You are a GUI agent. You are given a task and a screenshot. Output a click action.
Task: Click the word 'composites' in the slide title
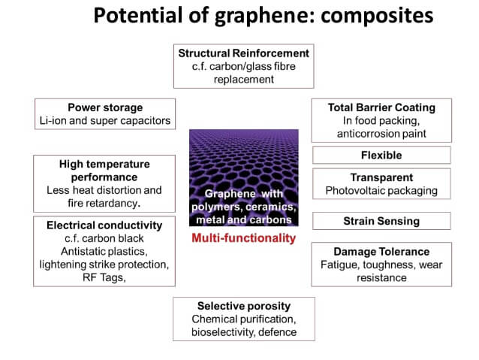(377, 15)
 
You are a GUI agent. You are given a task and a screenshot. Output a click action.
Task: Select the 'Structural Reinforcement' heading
(244, 53)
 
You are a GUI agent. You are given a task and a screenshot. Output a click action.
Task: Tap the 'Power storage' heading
(105, 107)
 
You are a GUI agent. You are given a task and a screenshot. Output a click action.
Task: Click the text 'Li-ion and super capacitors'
(105, 121)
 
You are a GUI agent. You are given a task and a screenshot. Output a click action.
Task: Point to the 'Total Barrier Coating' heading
(381, 107)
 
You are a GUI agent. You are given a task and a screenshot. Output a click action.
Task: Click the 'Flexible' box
(381, 155)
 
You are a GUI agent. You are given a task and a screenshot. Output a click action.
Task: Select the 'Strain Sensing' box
(381, 221)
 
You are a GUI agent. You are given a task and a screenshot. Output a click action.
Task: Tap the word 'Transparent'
(381, 177)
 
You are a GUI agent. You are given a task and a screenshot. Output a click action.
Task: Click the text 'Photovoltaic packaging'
(381, 191)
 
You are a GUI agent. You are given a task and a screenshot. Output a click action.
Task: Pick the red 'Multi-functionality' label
(244, 238)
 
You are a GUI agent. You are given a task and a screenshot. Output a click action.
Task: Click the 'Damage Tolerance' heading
(381, 252)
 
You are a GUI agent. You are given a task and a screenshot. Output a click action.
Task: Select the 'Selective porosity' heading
(244, 306)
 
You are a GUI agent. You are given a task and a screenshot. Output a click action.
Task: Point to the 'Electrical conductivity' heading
(104, 225)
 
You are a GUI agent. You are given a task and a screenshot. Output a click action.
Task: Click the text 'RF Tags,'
(104, 278)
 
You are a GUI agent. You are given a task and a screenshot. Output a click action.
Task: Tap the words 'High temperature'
(104, 165)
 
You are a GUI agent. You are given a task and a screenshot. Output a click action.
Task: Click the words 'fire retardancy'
(103, 204)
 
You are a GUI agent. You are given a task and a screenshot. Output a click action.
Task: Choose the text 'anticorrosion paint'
(381, 134)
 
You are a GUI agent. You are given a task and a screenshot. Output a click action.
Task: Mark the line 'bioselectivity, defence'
(244, 332)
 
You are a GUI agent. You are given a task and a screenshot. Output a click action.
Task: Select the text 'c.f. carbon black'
(104, 238)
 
